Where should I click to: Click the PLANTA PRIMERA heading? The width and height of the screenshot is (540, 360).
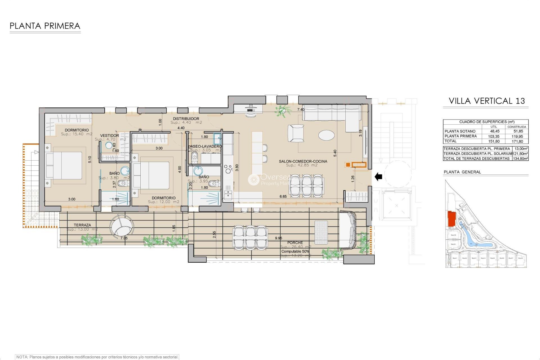pos(45,26)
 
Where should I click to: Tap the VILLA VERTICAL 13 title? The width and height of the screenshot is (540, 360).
pos(487,101)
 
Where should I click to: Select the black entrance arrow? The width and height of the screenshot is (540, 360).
pos(379,177)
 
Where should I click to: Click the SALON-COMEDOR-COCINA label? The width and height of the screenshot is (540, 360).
pos(303,161)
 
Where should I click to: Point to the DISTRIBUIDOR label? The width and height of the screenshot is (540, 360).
pos(186,119)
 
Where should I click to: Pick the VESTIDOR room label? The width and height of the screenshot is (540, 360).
pos(109,136)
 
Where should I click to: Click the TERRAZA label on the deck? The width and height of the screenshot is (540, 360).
pos(82,225)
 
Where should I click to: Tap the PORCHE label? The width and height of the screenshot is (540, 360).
pos(295,242)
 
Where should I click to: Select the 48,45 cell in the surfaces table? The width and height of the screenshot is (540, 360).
pos(495,131)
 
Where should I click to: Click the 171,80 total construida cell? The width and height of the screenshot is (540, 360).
pos(517,141)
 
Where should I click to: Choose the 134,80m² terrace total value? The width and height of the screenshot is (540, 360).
pos(520,159)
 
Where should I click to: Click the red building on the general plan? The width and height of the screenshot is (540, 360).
pos(451,219)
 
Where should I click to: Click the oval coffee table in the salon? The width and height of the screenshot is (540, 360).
pos(326,135)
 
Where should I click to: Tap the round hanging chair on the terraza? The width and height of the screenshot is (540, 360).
pos(121,227)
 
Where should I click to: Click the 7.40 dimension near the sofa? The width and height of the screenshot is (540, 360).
pos(301,110)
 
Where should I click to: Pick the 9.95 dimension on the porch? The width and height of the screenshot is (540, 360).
pos(278,238)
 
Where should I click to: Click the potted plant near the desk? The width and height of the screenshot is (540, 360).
pos(282,111)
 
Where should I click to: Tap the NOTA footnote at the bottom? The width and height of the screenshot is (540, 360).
pos(97,357)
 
